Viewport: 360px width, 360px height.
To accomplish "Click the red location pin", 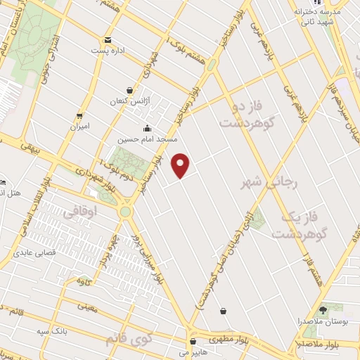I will [x=181, y=164].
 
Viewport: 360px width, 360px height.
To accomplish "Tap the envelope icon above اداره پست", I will [x=107, y=40].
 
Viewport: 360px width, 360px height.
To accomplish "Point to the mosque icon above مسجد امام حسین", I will [x=147, y=128].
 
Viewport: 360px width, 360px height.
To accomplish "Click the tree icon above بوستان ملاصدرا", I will [x=324, y=309].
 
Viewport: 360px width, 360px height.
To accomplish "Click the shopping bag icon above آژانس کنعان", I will [x=129, y=90].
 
